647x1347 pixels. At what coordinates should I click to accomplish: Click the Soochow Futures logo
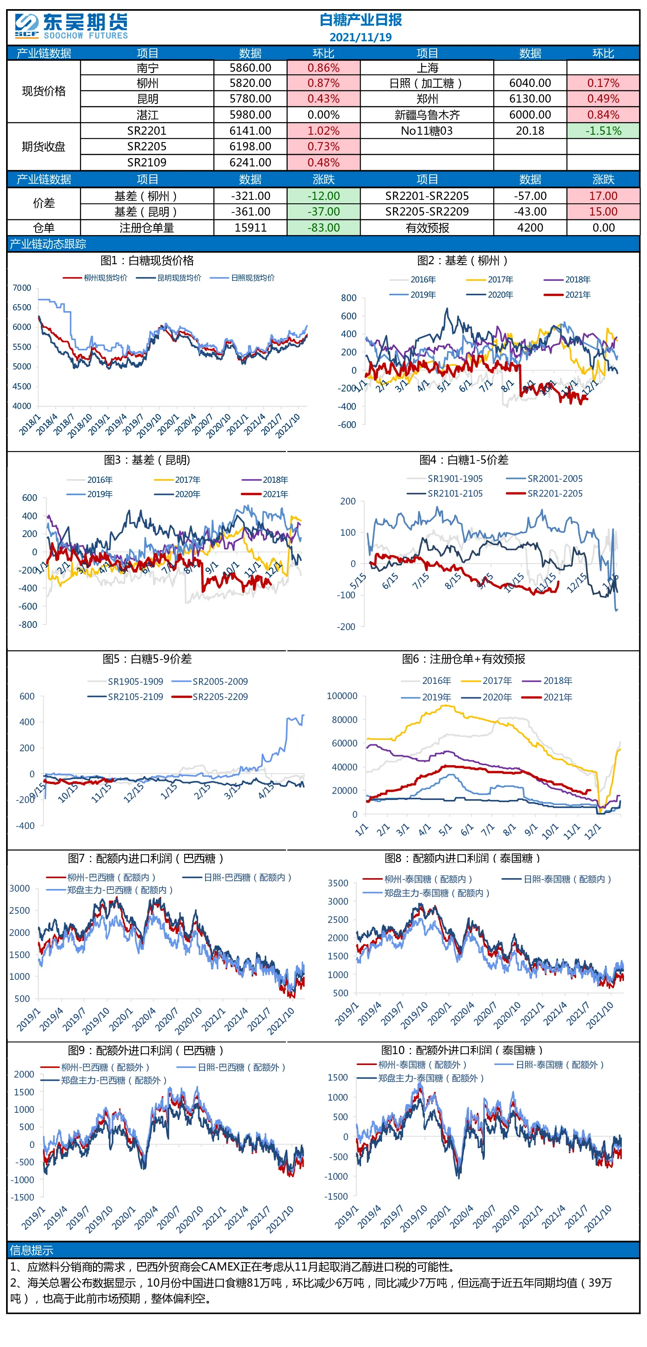coord(71,26)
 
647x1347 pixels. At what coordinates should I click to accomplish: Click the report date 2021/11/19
coord(360,37)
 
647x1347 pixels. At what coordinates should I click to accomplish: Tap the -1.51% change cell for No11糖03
coord(603,131)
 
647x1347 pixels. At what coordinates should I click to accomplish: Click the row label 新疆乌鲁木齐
coord(427,115)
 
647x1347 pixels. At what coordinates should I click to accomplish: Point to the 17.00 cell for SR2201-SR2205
coord(603,196)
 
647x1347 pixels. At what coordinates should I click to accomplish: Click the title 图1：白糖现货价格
coord(147,260)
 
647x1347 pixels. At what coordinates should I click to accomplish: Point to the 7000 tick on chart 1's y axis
coord(22,288)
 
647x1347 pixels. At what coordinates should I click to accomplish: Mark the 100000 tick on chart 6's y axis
coord(342,696)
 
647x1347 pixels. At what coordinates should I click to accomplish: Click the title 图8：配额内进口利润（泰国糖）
coord(462,858)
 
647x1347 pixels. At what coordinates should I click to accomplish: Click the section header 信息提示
coord(31,1250)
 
